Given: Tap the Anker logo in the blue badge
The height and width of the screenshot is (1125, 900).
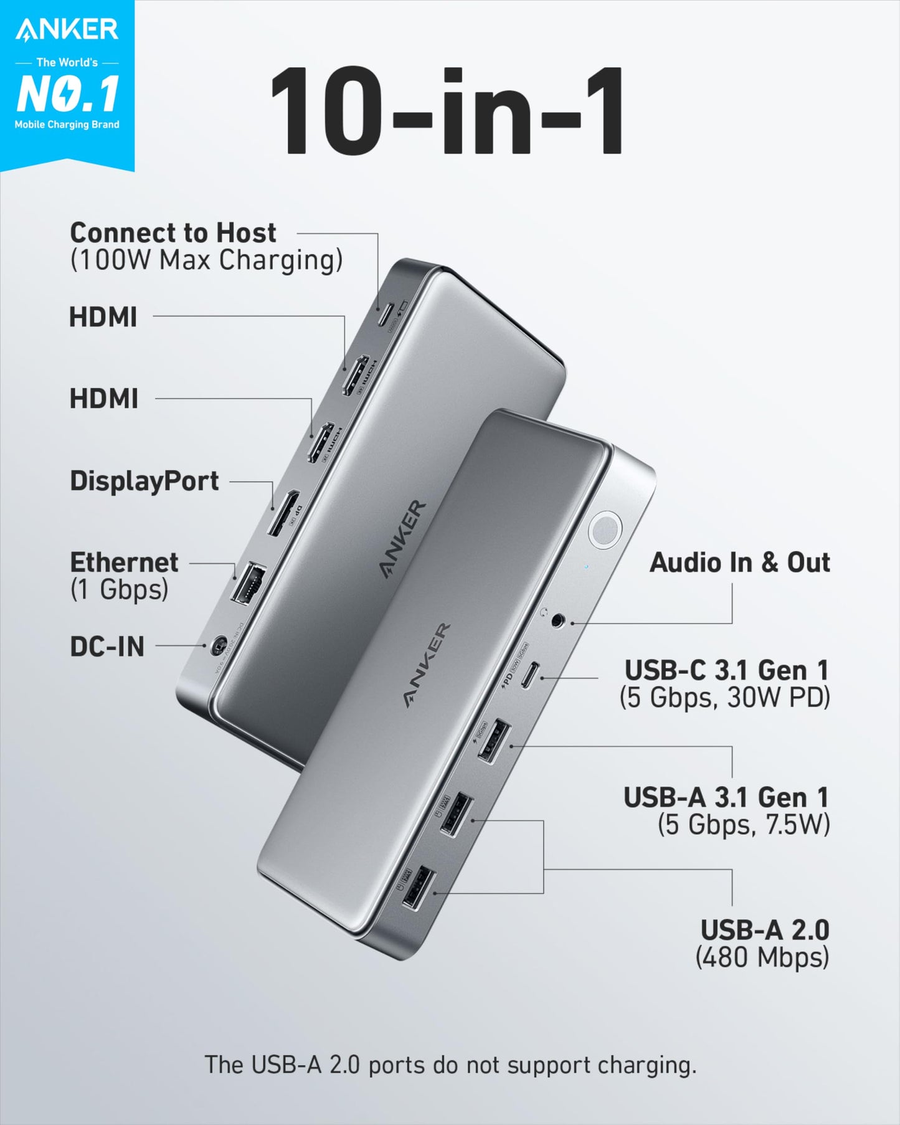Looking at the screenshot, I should point(67,30).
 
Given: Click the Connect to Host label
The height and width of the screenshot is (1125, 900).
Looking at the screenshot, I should point(173,233).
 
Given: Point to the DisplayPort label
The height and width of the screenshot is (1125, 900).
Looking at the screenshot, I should point(144,481).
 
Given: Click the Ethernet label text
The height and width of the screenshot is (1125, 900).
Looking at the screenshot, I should point(124,562).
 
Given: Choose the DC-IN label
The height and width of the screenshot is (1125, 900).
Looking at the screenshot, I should point(107,647).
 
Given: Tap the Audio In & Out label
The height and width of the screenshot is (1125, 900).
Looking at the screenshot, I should point(740,562).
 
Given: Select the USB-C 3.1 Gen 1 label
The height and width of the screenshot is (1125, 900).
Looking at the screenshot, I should point(727,670).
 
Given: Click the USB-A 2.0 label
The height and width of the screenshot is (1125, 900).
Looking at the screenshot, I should point(765,930).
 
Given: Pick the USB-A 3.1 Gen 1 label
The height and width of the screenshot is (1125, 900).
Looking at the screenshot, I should point(726,797).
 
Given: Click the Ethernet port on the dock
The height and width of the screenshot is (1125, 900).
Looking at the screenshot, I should point(248,584).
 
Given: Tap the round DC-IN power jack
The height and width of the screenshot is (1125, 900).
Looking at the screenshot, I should point(217,645).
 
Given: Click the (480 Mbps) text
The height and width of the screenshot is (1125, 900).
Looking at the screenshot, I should point(762,957).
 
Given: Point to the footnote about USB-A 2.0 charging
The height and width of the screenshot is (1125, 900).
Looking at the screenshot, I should point(450,1065).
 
